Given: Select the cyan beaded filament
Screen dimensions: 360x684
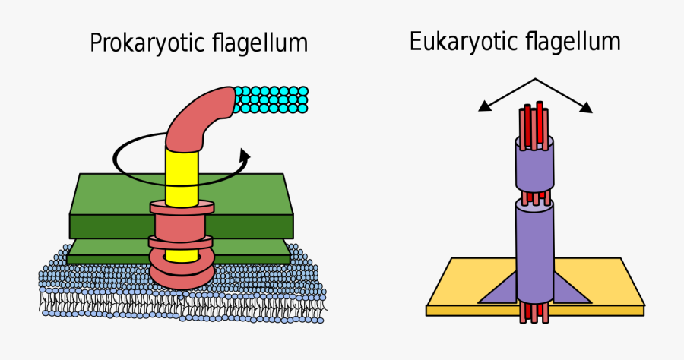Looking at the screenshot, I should point(271,99).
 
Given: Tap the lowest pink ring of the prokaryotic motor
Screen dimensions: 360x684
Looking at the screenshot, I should point(182,274).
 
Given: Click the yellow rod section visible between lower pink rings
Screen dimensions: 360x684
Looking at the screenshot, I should point(182,255).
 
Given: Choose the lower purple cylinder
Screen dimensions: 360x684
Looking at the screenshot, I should point(535,251).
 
